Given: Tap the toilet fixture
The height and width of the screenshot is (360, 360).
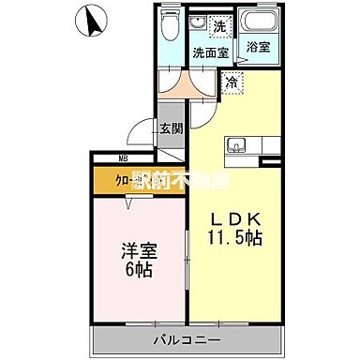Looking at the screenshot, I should click(x=169, y=31).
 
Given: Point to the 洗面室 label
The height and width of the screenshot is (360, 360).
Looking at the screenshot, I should click(x=211, y=53).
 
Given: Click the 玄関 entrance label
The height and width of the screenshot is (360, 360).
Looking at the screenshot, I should click(x=170, y=130).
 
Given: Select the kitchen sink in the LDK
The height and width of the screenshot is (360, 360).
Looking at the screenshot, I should click(x=237, y=145).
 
